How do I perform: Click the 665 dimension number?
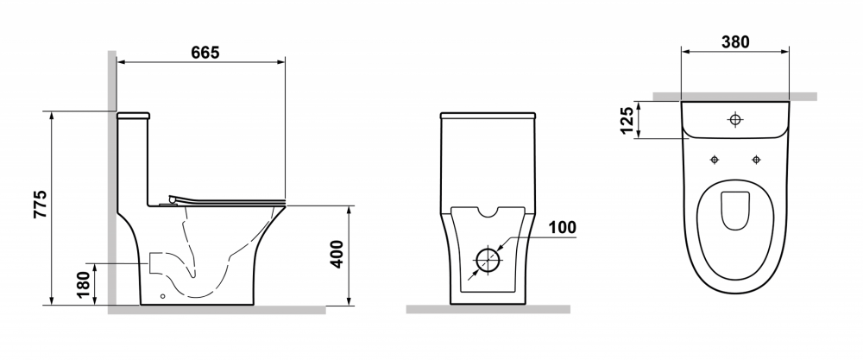coord(205,53)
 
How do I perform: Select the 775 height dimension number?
coord(41,205)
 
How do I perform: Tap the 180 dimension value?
coord(84,285)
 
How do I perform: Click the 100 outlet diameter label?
coord(562,227)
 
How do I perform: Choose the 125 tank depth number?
coord(627,121)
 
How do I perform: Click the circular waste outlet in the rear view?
coord(488,261)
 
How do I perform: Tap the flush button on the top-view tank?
coord(735,119)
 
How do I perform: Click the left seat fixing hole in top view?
coord(715,160)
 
